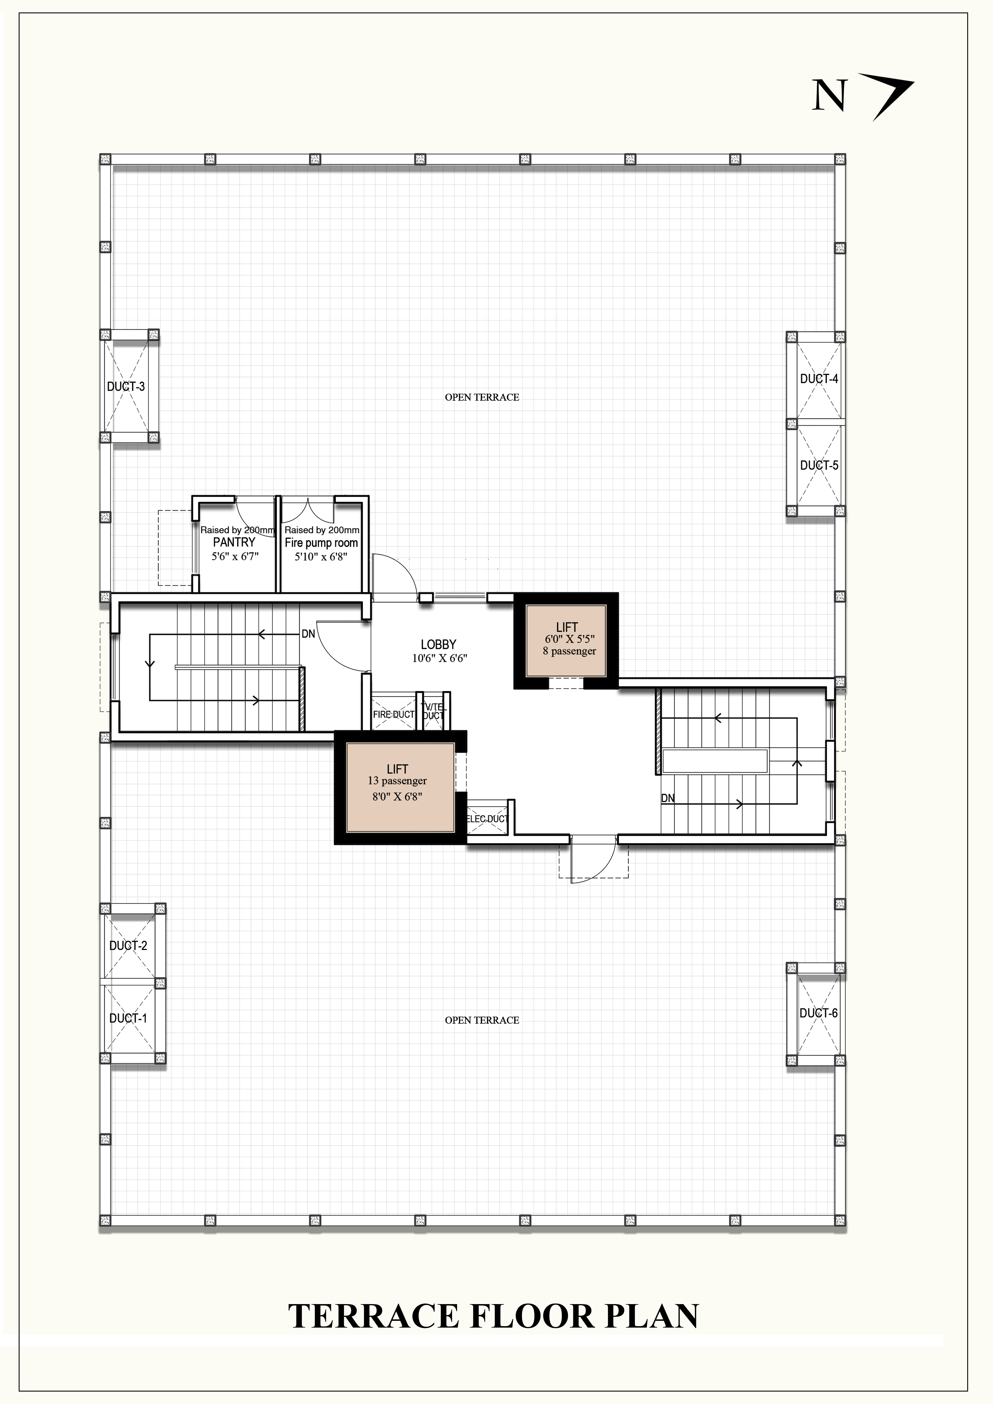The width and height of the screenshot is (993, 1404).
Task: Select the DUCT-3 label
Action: tap(126, 387)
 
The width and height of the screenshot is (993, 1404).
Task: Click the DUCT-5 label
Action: tap(819, 465)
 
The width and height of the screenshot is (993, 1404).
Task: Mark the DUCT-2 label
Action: tap(129, 946)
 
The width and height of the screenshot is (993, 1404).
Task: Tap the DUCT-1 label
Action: tap(129, 1019)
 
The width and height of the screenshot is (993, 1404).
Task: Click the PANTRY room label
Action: tap(234, 543)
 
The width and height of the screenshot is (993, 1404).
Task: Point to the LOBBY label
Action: tap(438, 644)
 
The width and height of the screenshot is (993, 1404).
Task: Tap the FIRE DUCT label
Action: tap(394, 714)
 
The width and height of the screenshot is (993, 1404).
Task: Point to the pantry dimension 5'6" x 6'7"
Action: tap(236, 556)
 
